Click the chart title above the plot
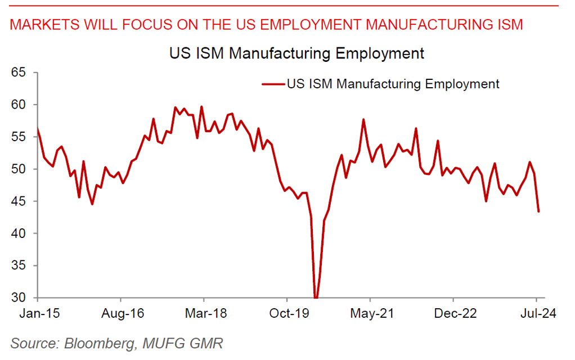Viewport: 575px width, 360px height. (296, 54)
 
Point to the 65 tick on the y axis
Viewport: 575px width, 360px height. (20, 73)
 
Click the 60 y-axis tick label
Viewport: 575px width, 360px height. (20, 105)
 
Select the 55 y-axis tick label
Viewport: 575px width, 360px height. (20, 137)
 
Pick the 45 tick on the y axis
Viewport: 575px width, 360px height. (20, 201)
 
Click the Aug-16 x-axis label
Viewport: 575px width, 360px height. (121, 314)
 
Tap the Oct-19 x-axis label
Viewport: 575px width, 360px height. (287, 314)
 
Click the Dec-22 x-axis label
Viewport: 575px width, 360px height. (453, 314)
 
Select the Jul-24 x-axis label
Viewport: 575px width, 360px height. (536, 314)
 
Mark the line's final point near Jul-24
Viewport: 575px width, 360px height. (539, 211)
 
